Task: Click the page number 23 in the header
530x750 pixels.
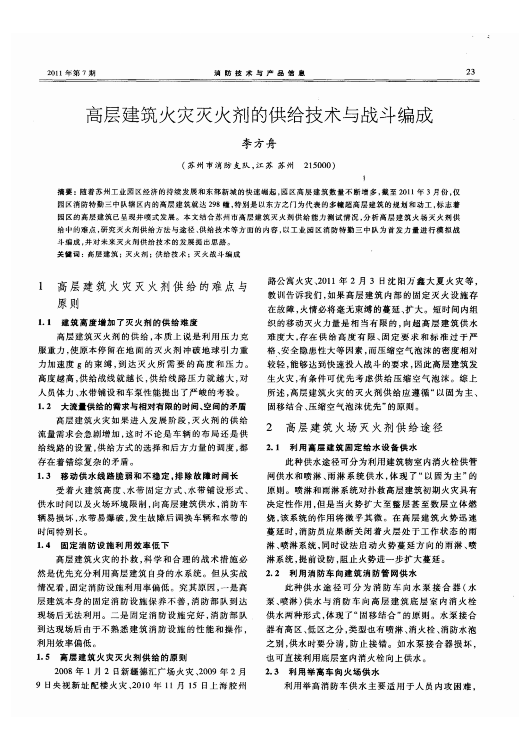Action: (470, 72)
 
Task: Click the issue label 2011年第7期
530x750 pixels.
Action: (72, 73)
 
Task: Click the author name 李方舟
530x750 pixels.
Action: (259, 143)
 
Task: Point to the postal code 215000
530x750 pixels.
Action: (317, 165)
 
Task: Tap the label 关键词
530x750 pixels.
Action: (68, 254)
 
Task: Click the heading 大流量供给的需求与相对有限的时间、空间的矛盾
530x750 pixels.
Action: (154, 407)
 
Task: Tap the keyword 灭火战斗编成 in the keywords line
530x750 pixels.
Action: (217, 254)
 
